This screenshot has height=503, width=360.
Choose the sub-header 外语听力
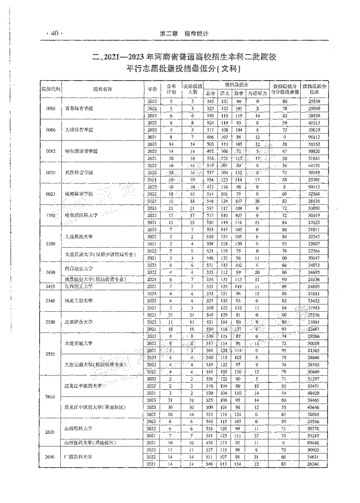pyautogui.click(x=257, y=93)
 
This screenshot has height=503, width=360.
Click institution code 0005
pyautogui.click(x=50, y=109)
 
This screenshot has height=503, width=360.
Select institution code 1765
pyautogui.click(x=50, y=216)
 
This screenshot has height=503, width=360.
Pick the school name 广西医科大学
pyautogui.click(x=79, y=457)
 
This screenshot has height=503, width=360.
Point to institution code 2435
pyautogui.click(x=50, y=286)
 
